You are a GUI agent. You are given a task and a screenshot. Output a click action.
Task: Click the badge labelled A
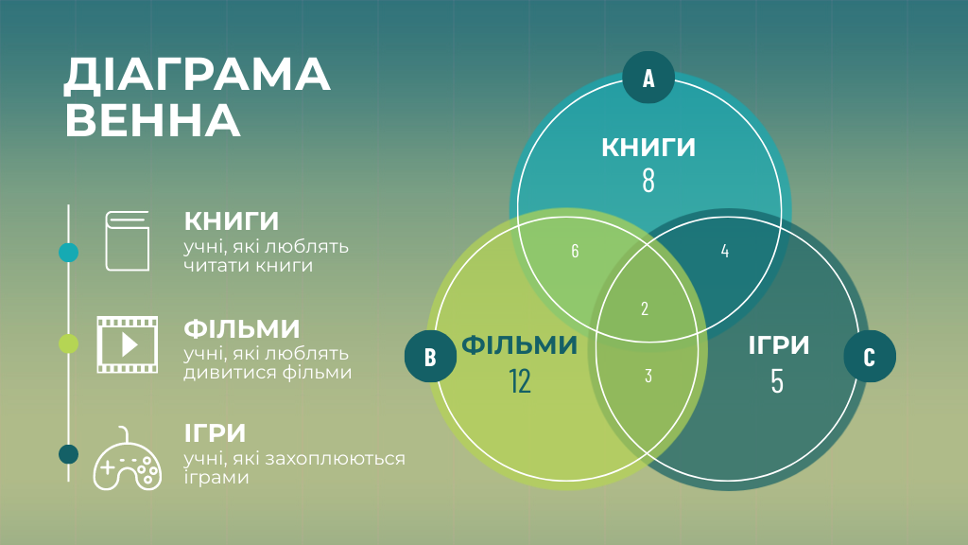coord(648,78)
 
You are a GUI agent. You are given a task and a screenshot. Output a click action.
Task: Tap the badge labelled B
coord(430,357)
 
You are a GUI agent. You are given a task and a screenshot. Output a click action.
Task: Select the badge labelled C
coord(869,357)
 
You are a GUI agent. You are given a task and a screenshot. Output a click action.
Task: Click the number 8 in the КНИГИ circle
coord(648,181)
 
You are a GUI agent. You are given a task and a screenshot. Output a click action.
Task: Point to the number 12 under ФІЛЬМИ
coord(519,380)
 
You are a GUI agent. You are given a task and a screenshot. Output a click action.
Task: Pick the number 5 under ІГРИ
coord(777,380)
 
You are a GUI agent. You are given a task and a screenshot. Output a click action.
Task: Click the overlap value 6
coord(575,251)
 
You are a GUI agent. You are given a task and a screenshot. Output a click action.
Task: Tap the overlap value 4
coord(725,251)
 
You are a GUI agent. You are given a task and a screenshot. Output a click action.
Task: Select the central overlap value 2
coord(645,308)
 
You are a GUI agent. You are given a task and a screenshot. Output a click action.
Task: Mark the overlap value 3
coord(648,376)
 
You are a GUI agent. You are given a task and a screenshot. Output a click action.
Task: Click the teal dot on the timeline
coord(69,253)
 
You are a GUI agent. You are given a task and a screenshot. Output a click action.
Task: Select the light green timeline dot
coord(69,343)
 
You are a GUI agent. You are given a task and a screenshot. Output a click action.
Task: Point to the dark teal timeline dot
coord(69,454)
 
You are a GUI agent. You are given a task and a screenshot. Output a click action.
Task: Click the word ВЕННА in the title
coord(151,120)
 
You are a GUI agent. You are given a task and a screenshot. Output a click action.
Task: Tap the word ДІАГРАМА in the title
coord(197,76)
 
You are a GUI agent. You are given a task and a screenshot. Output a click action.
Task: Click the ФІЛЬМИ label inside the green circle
coord(519,345)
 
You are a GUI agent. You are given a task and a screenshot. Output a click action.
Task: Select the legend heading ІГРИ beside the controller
coord(216,433)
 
